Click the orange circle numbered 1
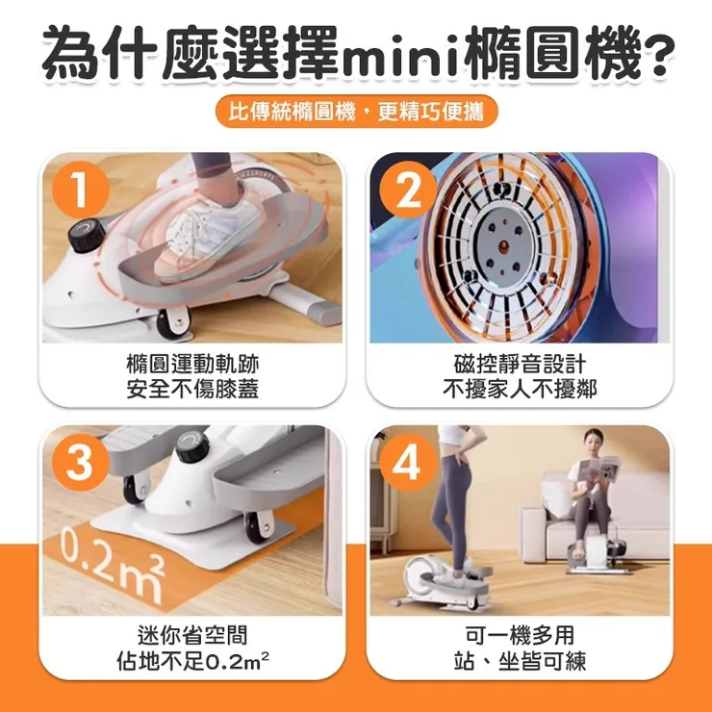[81, 191]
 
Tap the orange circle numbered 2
[408, 191]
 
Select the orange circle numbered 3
[81, 463]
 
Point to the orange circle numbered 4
[408, 463]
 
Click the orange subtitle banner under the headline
[356, 112]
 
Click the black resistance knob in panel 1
[87, 235]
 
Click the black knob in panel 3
[192, 447]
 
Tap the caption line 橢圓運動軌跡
[192, 364]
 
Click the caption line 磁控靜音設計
[520, 364]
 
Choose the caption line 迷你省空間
[192, 635]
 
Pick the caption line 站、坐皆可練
[520, 661]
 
